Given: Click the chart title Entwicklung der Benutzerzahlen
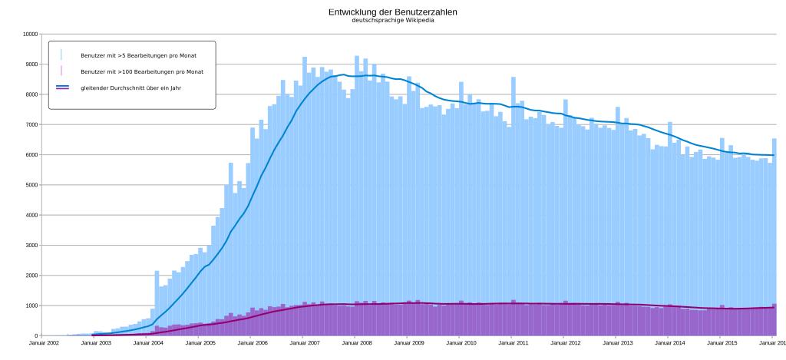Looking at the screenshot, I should click(x=392, y=12).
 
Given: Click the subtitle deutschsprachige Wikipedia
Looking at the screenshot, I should click(x=392, y=19).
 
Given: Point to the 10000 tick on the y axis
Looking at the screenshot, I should click(x=30, y=34).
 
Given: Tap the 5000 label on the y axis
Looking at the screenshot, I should click(x=31, y=185).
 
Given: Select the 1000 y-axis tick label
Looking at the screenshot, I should click(x=31, y=306).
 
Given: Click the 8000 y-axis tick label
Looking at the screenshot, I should click(x=31, y=94).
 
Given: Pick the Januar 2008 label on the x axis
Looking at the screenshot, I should click(x=357, y=344).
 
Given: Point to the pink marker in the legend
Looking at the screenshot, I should click(x=61, y=71).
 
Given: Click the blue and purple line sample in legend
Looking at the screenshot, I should click(x=62, y=88).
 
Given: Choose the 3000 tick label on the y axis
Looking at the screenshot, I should click(x=31, y=246).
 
